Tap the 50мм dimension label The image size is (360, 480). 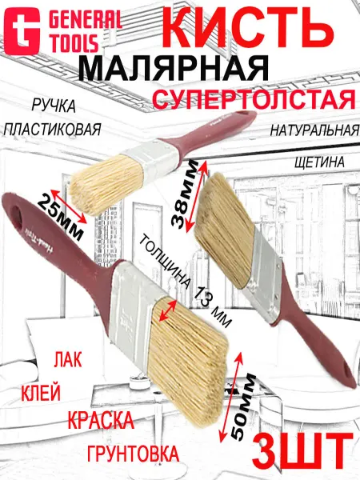tap(244, 405)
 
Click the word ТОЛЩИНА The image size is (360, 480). tap(163, 262)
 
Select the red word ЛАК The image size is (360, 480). tap(68, 359)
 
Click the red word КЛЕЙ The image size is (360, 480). tap(41, 393)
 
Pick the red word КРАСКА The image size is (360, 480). tap(101, 421)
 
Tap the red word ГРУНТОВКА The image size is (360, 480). tap(133, 453)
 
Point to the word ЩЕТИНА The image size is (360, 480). tap(319, 162)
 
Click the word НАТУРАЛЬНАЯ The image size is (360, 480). tap(314, 130)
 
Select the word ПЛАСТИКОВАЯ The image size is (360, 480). tap(52, 130)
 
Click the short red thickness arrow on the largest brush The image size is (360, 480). tap(168, 310)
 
